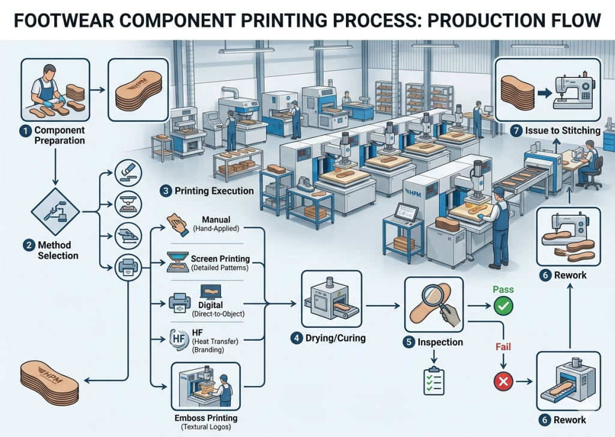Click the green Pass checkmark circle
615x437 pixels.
[x=503, y=307]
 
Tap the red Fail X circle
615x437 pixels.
[x=503, y=381]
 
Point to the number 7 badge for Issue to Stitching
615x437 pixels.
[x=516, y=130]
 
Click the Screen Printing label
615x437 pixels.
[x=220, y=259]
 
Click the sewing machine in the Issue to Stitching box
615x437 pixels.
[x=572, y=93]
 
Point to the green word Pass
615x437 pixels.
[x=503, y=289]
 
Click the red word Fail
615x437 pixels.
[x=503, y=347]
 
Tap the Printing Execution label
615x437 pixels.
[x=214, y=191]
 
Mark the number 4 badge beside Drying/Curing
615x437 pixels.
[x=296, y=338]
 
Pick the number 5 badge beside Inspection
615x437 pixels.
[x=408, y=342]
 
